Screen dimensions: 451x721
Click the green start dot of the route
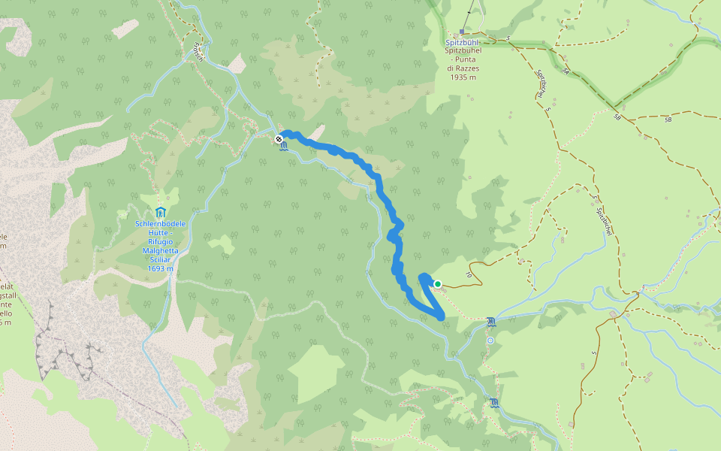click(x=437, y=284)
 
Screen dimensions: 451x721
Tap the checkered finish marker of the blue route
click(x=279, y=139)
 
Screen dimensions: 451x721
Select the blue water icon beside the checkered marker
click(x=282, y=150)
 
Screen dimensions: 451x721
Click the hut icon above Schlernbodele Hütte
click(x=160, y=213)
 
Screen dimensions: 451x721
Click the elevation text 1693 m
click(x=161, y=268)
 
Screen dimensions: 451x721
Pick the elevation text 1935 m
click(x=463, y=77)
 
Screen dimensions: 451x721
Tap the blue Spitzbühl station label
click(x=463, y=43)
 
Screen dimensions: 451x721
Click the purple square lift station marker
click(x=461, y=32)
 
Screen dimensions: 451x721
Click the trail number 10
click(x=468, y=276)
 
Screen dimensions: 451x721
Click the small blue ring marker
click(x=490, y=341)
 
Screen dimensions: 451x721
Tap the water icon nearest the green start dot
click(x=490, y=322)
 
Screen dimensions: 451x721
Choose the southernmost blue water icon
click(x=493, y=403)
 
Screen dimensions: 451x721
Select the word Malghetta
click(x=161, y=250)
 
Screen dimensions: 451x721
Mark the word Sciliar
click(x=161, y=259)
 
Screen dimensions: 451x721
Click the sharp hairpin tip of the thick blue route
click(x=441, y=317)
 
